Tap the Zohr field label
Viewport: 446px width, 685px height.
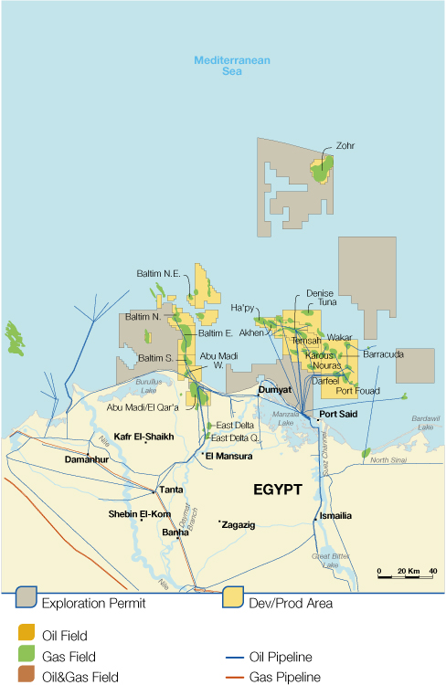tap(345, 145)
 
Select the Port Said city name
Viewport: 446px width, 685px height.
tap(338, 414)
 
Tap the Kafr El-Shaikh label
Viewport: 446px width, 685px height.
tap(143, 437)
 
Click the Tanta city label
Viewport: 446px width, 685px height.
tap(171, 490)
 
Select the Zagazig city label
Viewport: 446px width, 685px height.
tap(239, 525)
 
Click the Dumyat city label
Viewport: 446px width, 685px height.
tap(274, 388)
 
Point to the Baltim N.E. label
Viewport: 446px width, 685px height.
tap(157, 272)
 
